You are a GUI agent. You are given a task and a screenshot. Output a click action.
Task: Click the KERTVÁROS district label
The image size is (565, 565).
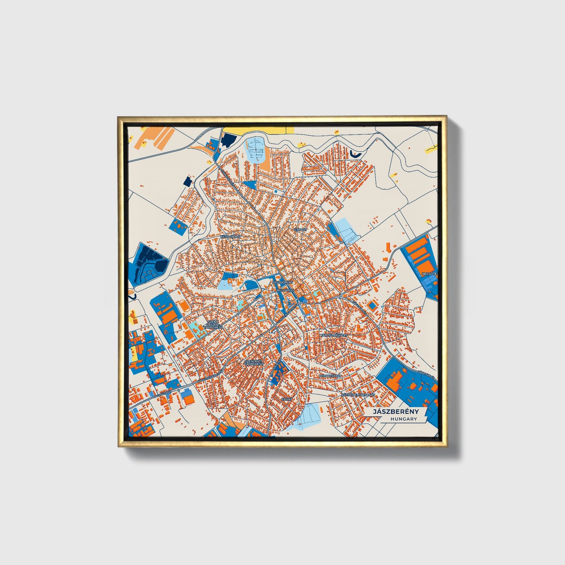pos(230,237)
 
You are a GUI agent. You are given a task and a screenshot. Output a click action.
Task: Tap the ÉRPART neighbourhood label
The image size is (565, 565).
pos(301,230)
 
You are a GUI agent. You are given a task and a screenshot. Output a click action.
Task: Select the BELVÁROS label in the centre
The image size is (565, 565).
pos(285,291)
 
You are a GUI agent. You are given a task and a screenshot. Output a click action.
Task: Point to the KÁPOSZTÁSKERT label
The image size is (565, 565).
pos(333,335)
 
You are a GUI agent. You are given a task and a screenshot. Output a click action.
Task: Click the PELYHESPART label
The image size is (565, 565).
pos(330,376)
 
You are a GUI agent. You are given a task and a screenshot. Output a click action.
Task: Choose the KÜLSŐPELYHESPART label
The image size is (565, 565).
pos(358,395)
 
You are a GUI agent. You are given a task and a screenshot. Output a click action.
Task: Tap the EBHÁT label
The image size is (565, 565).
pos(287,399)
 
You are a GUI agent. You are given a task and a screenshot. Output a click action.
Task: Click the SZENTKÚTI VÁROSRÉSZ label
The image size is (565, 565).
pos(254,362)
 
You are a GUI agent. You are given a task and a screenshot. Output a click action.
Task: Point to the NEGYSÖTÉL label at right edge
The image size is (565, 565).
pos(430,274)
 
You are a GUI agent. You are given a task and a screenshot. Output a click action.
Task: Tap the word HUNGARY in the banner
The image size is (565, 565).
pos(404,419)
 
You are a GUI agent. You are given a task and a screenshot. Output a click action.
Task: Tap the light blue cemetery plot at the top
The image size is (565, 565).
pos(255,150)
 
